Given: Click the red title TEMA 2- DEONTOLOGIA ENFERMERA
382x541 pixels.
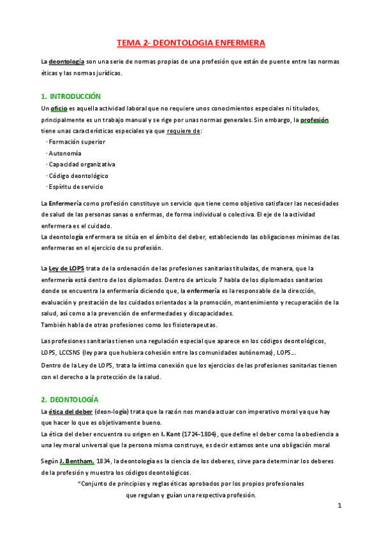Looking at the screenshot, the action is pos(191,43).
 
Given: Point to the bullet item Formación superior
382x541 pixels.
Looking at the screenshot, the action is pos(77,142).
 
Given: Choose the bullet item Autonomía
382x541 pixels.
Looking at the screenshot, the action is pos(64,153).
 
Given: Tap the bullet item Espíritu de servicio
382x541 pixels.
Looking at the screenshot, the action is pos(75,187).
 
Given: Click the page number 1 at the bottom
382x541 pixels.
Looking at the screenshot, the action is pos(340,506).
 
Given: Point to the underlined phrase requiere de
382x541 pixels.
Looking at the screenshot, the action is pos(183,131).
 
